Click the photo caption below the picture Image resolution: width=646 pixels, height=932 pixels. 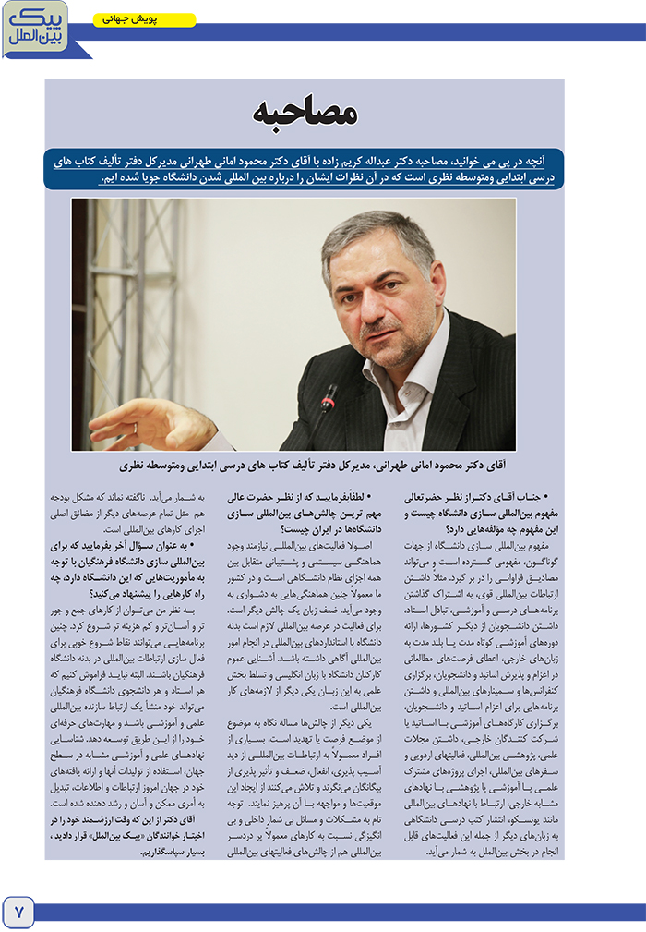click(x=305, y=466)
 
